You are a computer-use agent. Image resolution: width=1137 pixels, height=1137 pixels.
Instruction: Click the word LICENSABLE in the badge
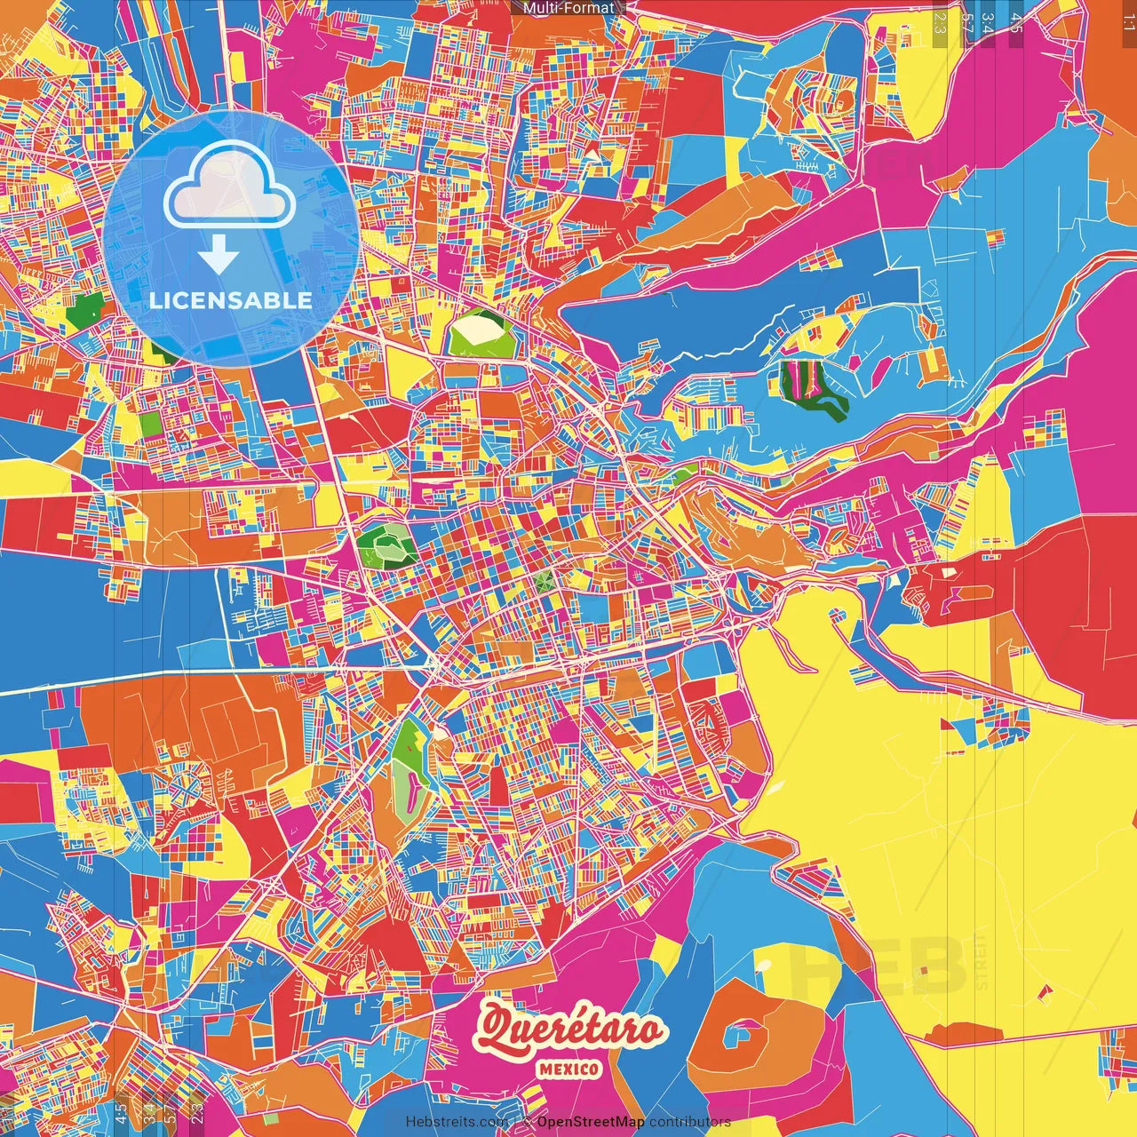231,300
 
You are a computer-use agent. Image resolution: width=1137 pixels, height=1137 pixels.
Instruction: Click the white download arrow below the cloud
218,256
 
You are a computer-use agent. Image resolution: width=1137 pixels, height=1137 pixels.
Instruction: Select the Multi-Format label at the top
568,8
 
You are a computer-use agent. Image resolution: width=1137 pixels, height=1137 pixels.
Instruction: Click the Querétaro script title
569,1030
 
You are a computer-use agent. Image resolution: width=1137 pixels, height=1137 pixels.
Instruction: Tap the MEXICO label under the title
568,1069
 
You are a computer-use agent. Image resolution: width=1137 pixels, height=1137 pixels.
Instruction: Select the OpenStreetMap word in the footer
590,1122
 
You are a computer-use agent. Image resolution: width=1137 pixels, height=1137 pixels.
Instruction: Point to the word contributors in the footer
689,1122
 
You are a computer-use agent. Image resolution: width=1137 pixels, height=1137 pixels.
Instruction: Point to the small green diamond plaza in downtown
544,582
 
